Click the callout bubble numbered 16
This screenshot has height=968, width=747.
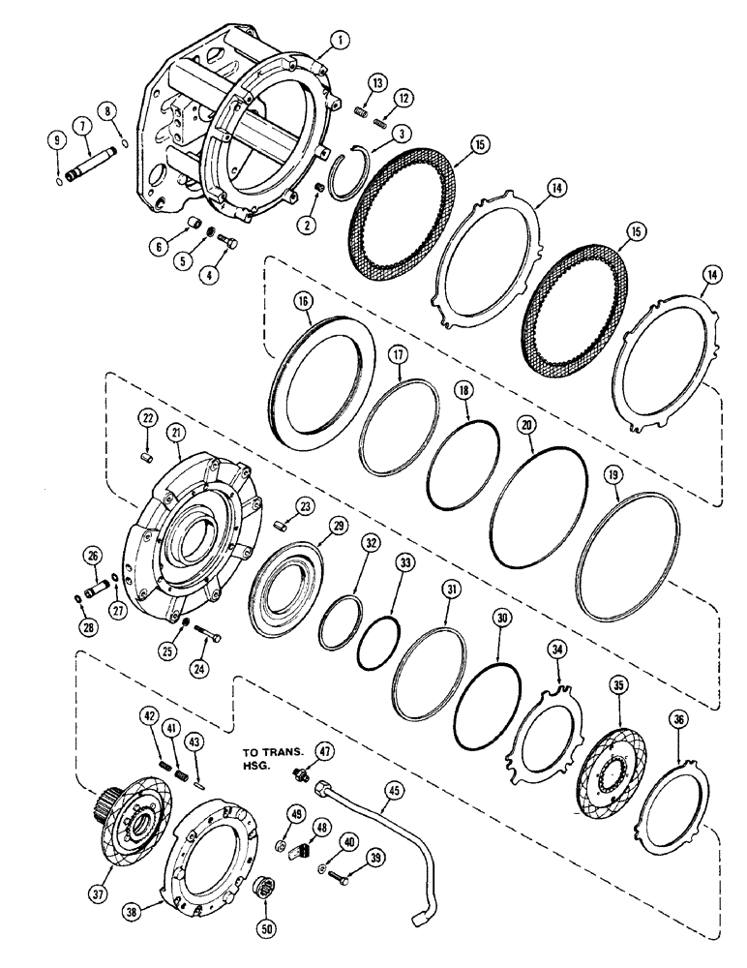(305, 302)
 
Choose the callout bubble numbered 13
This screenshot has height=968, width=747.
(378, 85)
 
